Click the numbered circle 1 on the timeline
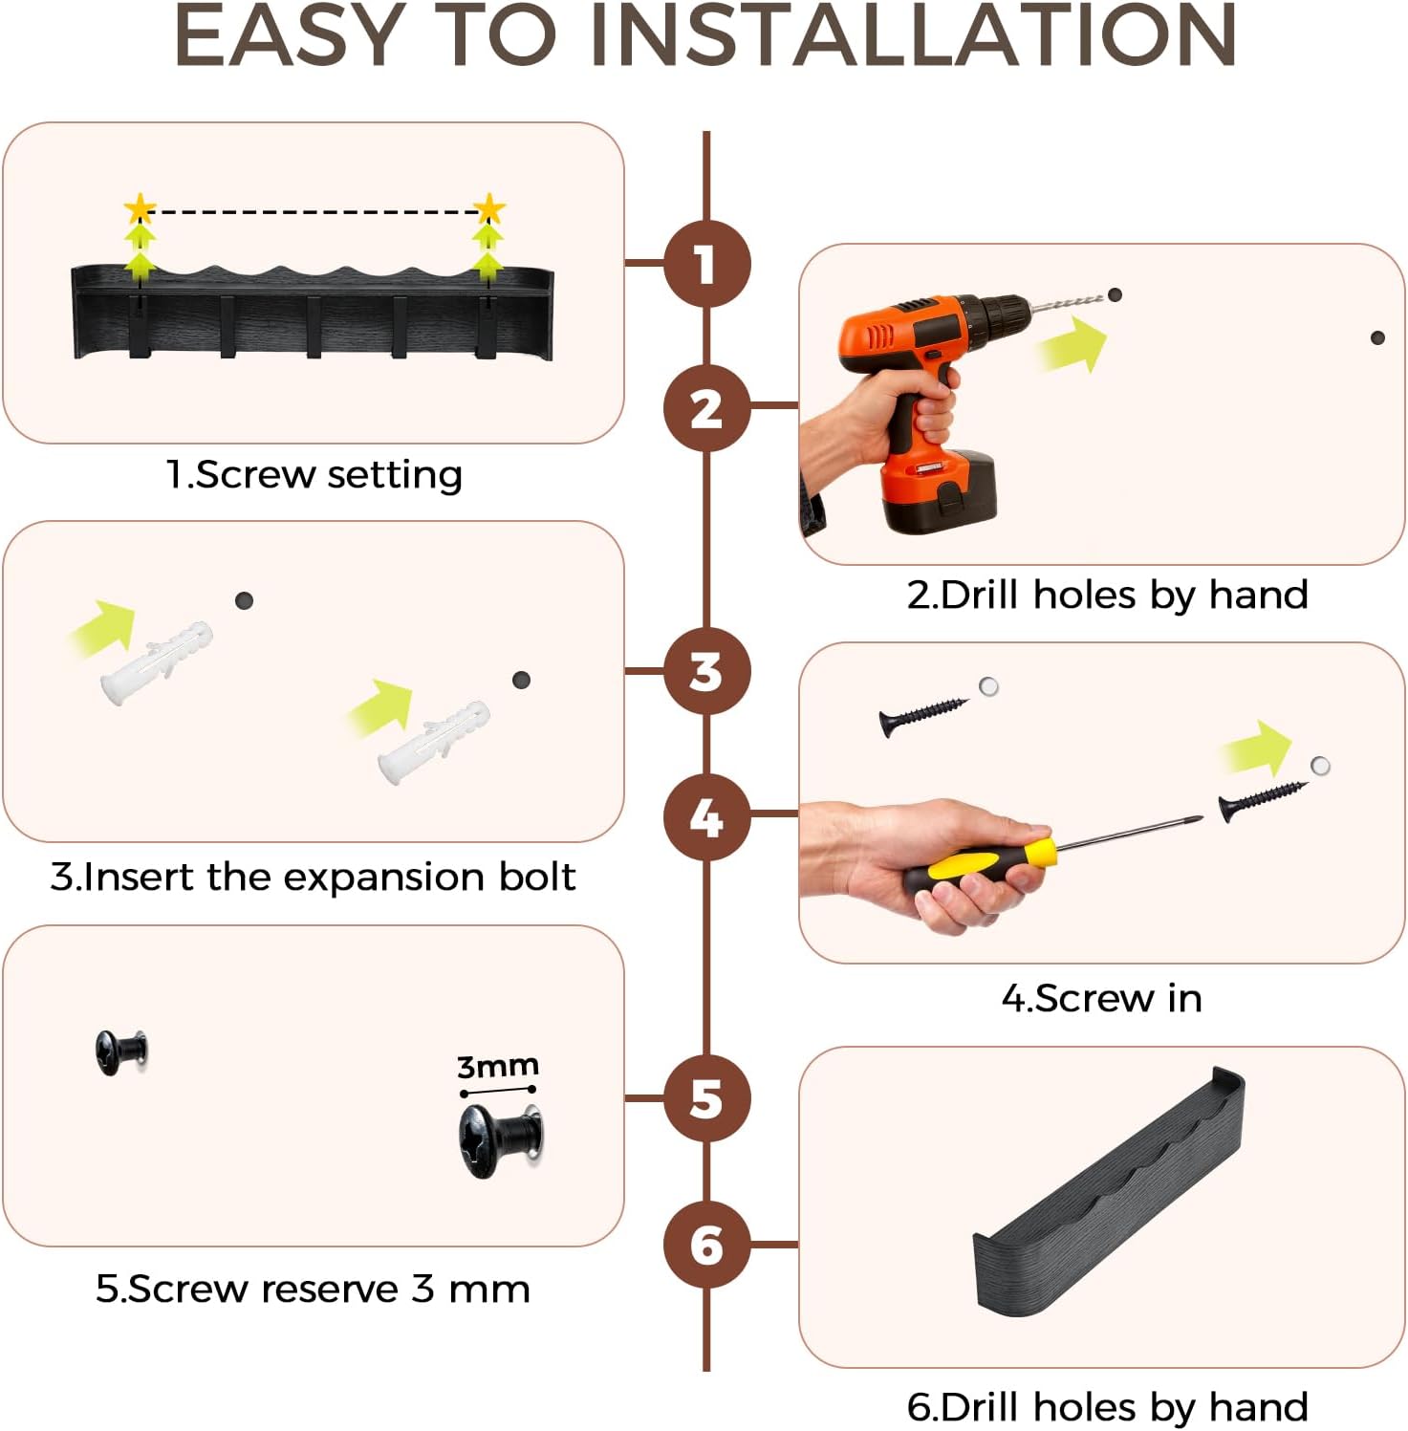coord(706,264)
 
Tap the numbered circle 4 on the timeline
coord(706,816)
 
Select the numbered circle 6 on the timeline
coord(706,1245)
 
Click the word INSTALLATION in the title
coord(913,35)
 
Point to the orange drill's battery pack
coord(939,491)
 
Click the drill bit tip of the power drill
coord(1101,298)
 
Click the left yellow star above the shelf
coord(141,209)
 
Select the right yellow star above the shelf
coord(488,209)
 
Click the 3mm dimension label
coord(497,1066)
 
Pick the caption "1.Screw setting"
coord(314,474)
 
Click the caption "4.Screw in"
coord(1102,998)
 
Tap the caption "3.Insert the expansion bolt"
coord(314,877)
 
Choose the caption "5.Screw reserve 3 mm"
coord(313,1289)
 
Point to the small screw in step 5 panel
coord(121,1052)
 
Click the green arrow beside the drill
coord(1072,343)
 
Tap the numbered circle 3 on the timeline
coord(706,671)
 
